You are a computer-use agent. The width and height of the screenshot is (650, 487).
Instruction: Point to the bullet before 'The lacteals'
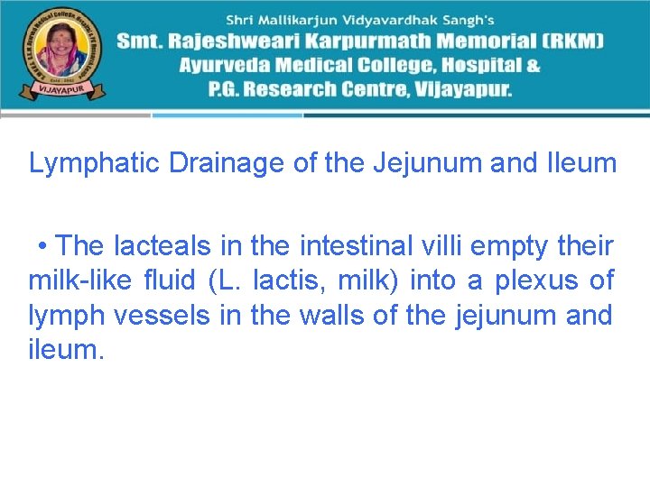(x=42, y=246)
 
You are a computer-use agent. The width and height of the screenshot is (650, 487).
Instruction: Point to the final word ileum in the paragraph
(x=66, y=350)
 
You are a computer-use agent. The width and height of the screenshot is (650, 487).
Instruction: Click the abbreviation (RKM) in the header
(x=572, y=41)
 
